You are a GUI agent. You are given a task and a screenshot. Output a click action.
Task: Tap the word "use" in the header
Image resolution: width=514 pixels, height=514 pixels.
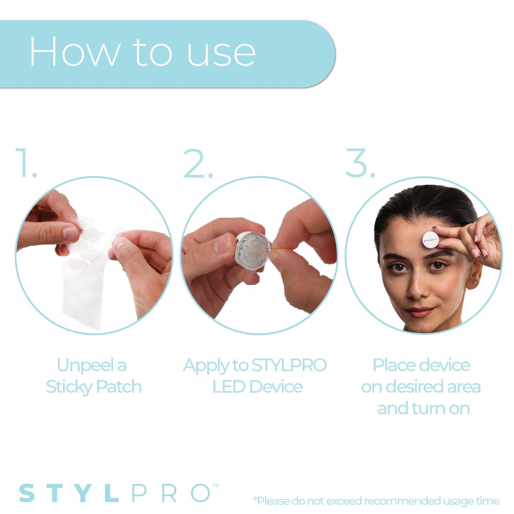click(x=221, y=53)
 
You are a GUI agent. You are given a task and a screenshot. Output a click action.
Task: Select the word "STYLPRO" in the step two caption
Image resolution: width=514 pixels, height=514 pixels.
click(x=289, y=365)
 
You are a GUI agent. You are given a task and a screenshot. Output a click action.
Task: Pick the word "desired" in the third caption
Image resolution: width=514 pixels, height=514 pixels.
click(x=415, y=387)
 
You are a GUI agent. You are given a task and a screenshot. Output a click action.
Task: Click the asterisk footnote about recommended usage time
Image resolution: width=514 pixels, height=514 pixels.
click(x=376, y=501)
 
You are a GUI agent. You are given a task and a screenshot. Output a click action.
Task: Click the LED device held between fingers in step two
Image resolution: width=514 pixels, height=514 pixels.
click(x=251, y=249)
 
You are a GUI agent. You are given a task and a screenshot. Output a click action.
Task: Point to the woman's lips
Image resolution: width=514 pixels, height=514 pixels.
click(x=420, y=312)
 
